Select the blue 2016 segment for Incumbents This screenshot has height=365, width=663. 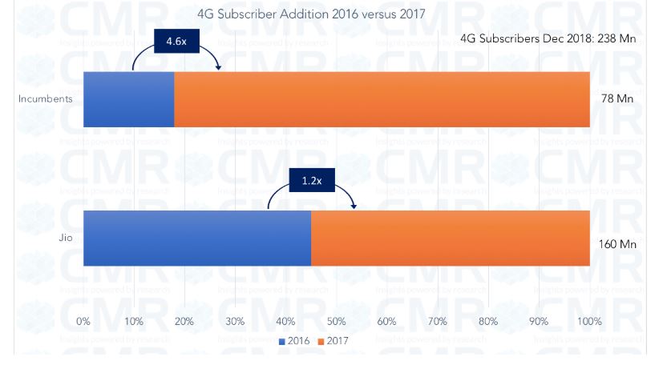pos(128,99)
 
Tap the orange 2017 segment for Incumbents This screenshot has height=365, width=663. pos(382,99)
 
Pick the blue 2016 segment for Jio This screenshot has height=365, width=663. pos(196,238)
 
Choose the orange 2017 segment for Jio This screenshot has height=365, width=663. pos(450,238)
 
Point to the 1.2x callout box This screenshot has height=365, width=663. pos(311,181)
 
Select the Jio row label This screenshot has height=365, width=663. pos(67,238)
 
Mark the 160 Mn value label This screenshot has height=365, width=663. pos(617,244)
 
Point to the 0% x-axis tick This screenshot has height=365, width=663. pos(83,322)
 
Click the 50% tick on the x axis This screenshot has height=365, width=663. pos(337,322)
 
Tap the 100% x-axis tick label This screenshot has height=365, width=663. pos(589,322)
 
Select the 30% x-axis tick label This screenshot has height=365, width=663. pos(235,322)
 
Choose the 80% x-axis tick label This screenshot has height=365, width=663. pos(488,322)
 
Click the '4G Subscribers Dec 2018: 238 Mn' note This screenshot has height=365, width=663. pos(548,38)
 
